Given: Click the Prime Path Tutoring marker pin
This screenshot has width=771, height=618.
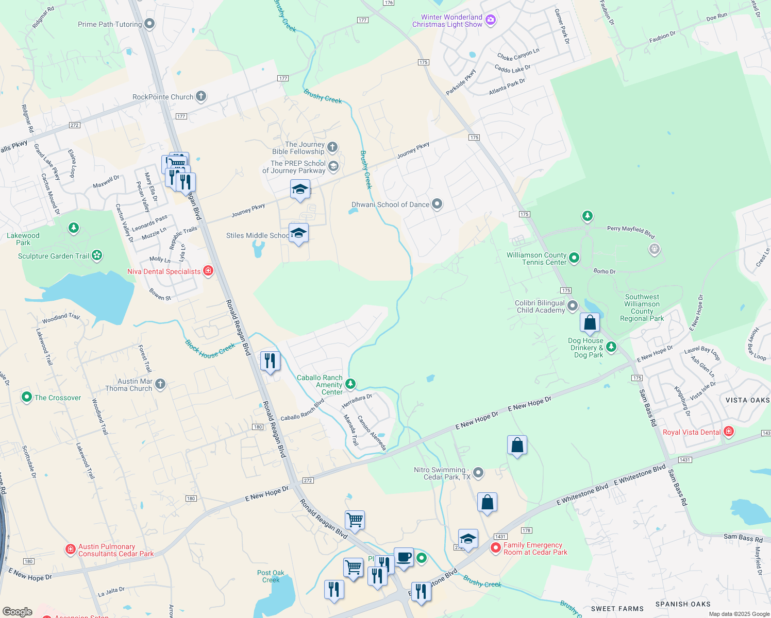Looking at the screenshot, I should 149,24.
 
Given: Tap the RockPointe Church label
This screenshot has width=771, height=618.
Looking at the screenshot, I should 163,97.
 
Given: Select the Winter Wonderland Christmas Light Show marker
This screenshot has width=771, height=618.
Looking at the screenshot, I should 491,20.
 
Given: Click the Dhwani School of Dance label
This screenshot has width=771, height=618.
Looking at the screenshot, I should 390,204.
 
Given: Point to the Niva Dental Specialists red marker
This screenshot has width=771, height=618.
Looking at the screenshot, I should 208,270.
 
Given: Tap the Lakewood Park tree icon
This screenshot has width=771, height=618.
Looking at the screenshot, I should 74,228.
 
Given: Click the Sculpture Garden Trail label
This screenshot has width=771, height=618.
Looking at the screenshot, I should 54,256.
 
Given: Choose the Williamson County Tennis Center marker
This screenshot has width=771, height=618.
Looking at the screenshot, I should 574,257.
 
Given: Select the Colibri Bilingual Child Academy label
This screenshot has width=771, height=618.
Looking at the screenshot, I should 541,306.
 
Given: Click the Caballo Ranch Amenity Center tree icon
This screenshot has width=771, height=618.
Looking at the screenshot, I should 350,384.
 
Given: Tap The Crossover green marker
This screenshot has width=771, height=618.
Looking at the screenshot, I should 26,398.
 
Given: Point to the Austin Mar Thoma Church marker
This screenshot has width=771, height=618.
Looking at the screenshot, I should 160,384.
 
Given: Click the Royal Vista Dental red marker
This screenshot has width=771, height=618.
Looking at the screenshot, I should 729,432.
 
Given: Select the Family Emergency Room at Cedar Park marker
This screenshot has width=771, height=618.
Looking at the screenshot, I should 496,548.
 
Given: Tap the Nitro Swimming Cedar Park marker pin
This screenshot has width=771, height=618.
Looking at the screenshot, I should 478,472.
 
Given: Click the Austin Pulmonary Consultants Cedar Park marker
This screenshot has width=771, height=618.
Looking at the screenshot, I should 71,550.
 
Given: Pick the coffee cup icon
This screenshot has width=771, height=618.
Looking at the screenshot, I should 404,557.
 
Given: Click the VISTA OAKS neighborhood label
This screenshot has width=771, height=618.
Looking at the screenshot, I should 747,400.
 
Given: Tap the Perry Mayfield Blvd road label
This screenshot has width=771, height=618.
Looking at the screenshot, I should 630,232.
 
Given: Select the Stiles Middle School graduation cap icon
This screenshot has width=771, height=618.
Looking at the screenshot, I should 299,234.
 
